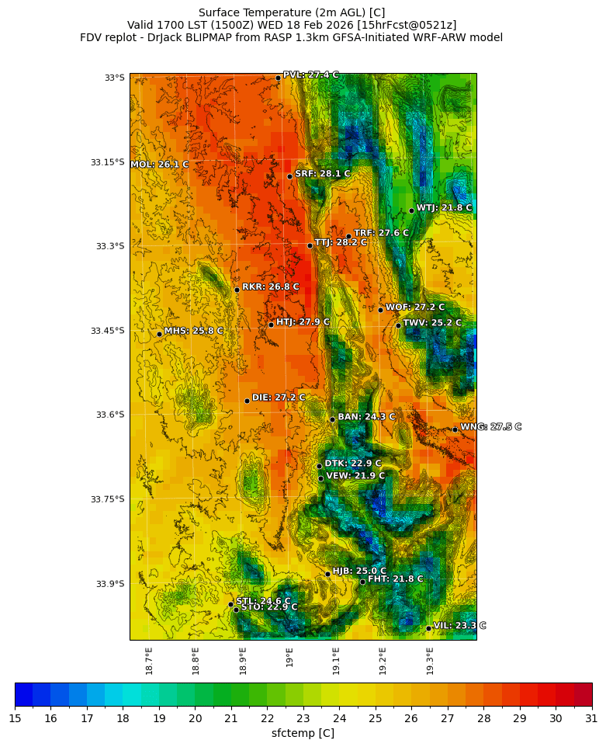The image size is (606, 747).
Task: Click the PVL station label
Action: click(x=310, y=75)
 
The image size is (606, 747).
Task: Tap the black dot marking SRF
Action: click(x=289, y=176)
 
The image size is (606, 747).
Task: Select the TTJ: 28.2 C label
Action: click(x=341, y=243)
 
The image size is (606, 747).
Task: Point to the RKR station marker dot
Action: click(x=237, y=290)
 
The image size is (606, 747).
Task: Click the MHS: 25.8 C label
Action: click(x=193, y=332)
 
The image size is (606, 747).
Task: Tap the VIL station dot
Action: click(x=428, y=628)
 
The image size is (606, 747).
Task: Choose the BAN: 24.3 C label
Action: click(x=366, y=417)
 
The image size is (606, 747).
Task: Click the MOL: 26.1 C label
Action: click(x=159, y=165)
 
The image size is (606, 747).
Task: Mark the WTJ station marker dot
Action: click(x=411, y=210)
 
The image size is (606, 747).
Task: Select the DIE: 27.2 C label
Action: click(x=279, y=398)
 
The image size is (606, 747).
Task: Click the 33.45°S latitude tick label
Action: click(x=107, y=331)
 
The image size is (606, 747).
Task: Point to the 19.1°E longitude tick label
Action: click(x=336, y=661)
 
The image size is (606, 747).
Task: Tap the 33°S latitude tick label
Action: click(x=114, y=78)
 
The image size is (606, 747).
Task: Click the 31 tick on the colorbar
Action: click(x=591, y=719)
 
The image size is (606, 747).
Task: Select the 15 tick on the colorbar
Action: click(x=15, y=719)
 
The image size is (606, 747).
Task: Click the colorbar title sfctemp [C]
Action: click(x=303, y=733)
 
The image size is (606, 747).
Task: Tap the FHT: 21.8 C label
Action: click(x=395, y=579)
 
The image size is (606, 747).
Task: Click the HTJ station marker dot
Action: click(x=271, y=325)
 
